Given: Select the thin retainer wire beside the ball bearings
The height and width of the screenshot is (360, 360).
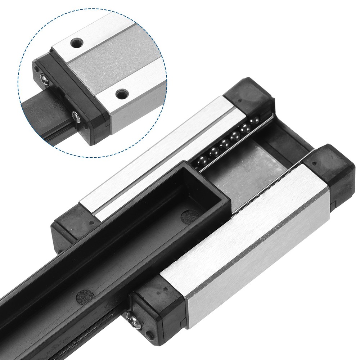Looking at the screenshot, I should pos(234,140).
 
